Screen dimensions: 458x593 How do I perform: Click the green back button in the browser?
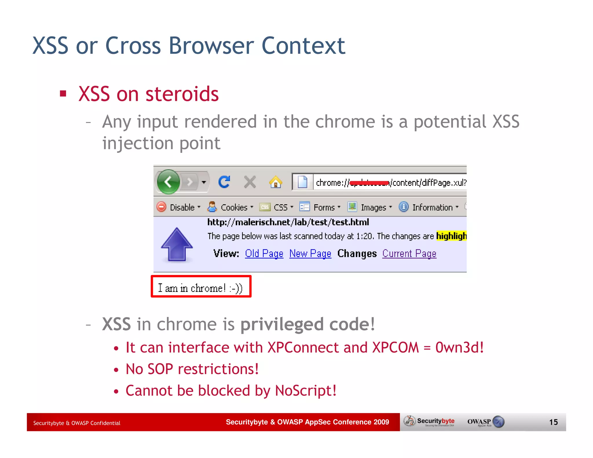coord(169,182)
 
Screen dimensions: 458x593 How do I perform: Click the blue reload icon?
coord(224,182)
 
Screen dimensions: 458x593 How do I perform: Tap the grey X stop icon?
coord(250,182)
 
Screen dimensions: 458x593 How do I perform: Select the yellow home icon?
coord(275,182)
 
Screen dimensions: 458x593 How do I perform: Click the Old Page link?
coord(264,253)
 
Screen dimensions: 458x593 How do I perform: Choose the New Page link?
coord(310,253)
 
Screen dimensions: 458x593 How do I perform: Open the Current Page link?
coord(409,253)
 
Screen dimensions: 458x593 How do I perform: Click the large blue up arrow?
coord(177,244)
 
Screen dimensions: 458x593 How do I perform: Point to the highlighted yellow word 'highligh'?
coord(451,236)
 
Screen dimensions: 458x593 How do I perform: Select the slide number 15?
coord(553,422)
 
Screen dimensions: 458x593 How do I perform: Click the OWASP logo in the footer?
coord(486,422)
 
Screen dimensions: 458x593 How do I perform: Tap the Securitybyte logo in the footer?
coord(430,422)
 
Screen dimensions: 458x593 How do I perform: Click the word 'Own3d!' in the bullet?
coord(459,347)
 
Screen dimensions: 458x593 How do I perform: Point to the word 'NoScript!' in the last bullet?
coord(305,391)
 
